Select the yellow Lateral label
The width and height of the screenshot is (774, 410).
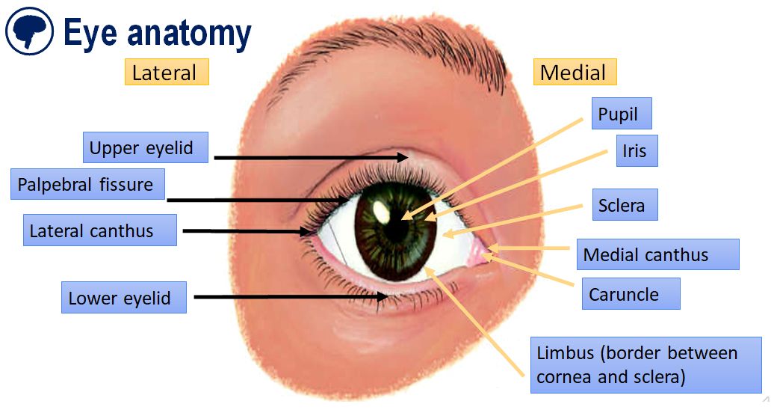pyautogui.click(x=166, y=73)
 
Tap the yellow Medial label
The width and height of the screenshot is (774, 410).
pyautogui.click(x=574, y=73)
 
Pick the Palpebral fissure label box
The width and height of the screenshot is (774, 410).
pyautogui.click(x=87, y=185)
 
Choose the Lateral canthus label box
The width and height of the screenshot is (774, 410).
pyautogui.click(x=100, y=230)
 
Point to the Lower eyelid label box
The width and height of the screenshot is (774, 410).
pyautogui.click(x=123, y=298)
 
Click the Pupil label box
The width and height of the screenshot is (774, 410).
pyautogui.click(x=621, y=114)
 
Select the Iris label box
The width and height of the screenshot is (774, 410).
pyautogui.click(x=636, y=150)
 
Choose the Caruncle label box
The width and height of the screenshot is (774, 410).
pyautogui.click(x=630, y=293)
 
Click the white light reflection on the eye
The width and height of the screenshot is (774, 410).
pyautogui.click(x=381, y=212)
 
